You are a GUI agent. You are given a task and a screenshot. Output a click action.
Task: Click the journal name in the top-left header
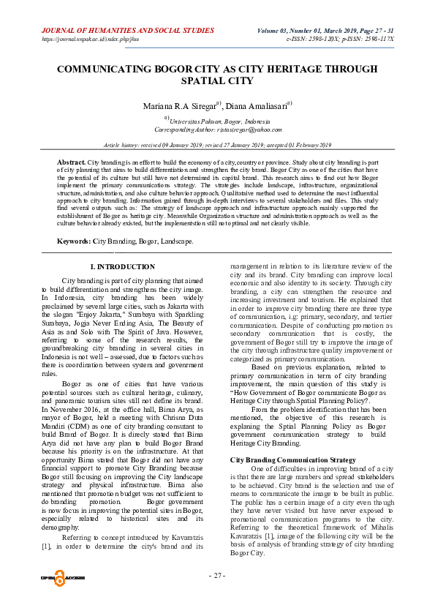[x=128, y=31]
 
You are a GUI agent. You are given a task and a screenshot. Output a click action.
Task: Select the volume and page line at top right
[x=325, y=31]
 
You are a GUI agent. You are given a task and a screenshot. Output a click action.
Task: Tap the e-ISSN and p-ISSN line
[x=340, y=39]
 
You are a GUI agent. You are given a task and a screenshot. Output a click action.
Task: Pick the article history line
[x=217, y=146]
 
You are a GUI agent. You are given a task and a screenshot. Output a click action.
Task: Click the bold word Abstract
[x=72, y=161]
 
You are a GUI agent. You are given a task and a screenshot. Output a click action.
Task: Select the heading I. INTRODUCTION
[x=122, y=267]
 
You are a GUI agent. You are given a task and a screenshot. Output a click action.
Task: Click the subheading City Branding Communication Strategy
[x=283, y=459]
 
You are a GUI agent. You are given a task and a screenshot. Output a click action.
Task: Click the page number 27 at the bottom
[x=217, y=575]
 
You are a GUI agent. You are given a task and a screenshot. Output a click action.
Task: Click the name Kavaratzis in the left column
[x=178, y=536]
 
